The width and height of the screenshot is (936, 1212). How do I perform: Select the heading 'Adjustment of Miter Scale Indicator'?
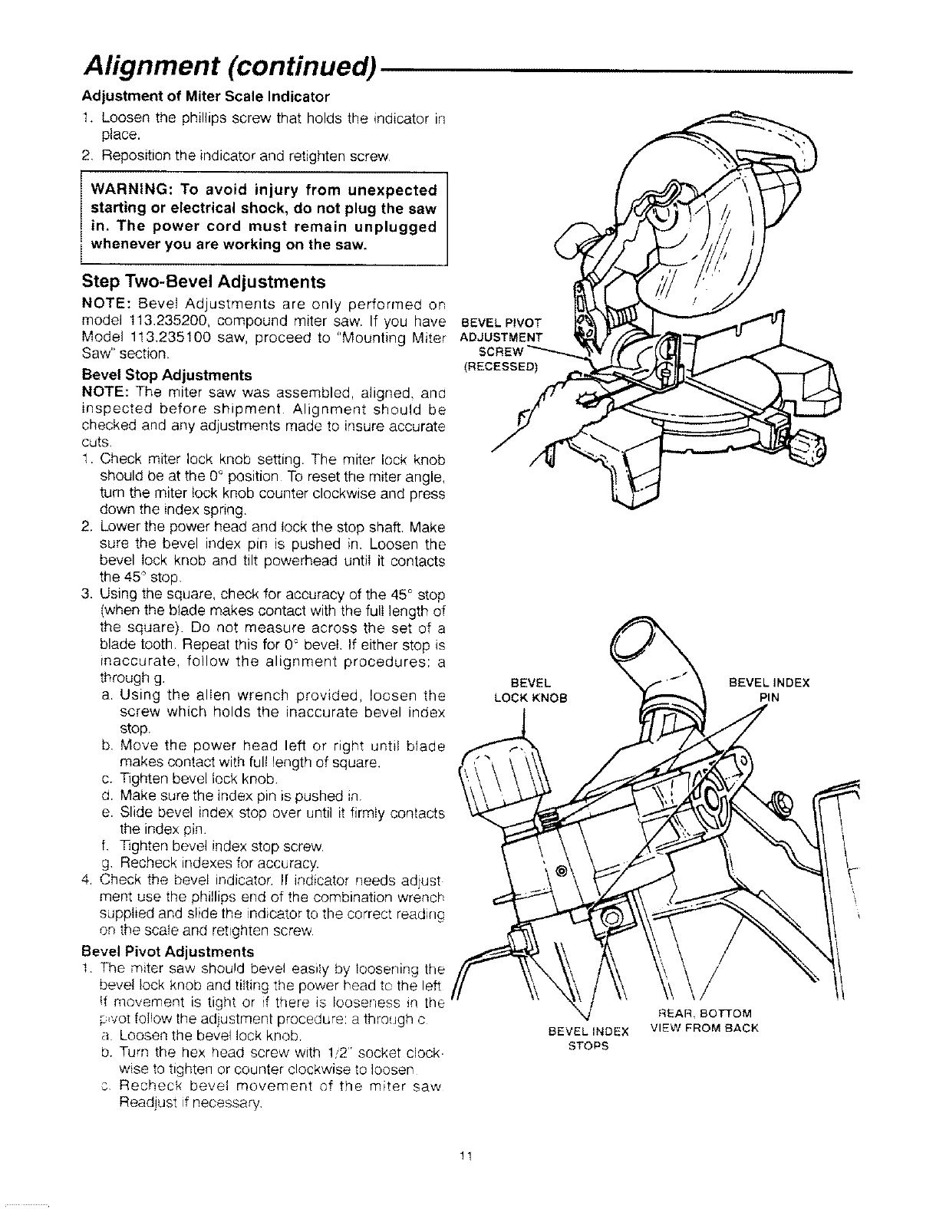click(206, 97)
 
